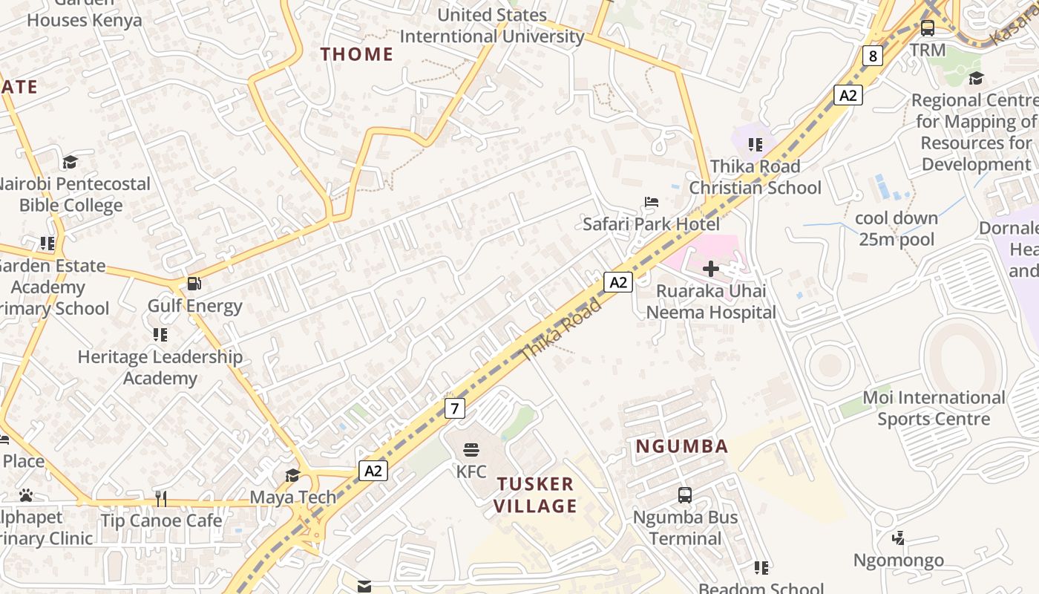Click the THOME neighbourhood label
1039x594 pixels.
pyautogui.click(x=356, y=54)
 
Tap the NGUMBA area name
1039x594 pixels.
pyautogui.click(x=682, y=446)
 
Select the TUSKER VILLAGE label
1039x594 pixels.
pyautogui.click(x=536, y=495)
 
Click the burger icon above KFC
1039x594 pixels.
pyautogui.click(x=471, y=449)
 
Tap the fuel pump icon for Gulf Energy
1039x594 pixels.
pyautogui.click(x=194, y=283)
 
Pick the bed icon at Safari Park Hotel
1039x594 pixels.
pyautogui.click(x=652, y=201)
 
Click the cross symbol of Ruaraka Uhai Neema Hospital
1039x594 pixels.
pyautogui.click(x=710, y=268)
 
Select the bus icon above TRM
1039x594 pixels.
pyautogui.click(x=928, y=28)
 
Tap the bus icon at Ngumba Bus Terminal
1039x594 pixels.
pyautogui.click(x=685, y=495)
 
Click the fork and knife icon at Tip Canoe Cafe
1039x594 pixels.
pyautogui.click(x=161, y=498)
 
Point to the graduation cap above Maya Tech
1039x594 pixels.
pyautogui.click(x=292, y=475)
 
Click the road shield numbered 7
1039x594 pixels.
pyautogui.click(x=455, y=408)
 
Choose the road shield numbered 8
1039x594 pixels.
pyautogui.click(x=872, y=56)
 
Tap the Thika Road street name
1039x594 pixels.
pyautogui.click(x=561, y=330)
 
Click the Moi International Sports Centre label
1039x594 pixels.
pyautogui.click(x=933, y=408)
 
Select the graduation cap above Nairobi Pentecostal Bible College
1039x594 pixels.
pyautogui.click(x=70, y=162)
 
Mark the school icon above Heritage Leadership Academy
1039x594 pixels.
pyautogui.click(x=160, y=335)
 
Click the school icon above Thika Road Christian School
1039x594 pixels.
pyautogui.click(x=756, y=145)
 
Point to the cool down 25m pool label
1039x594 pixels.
pyautogui.click(x=897, y=229)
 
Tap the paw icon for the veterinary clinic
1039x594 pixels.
pyautogui.click(x=26, y=495)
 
